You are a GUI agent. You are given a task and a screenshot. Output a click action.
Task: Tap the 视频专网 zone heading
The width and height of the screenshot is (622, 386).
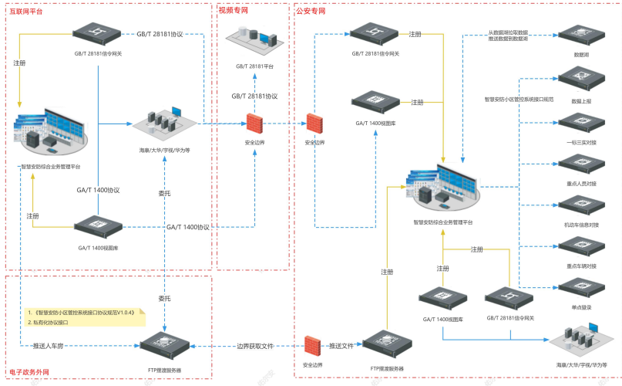point(234,11)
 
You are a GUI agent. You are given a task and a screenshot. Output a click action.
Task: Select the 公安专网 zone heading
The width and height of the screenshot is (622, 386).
point(311,12)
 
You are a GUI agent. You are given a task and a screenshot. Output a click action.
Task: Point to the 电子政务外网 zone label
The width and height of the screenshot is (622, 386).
point(29,372)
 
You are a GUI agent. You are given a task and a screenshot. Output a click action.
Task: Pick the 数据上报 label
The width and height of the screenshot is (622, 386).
point(581,101)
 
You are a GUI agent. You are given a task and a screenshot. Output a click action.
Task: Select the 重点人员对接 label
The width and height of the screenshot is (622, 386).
point(581,184)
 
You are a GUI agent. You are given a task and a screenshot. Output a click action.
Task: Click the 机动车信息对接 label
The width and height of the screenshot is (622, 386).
point(581,225)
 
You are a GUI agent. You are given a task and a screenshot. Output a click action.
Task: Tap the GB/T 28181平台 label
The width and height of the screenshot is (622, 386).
point(255,68)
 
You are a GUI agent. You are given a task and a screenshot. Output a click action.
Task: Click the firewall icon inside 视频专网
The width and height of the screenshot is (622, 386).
point(255,124)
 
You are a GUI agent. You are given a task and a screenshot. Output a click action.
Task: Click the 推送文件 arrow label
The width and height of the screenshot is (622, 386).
point(341,346)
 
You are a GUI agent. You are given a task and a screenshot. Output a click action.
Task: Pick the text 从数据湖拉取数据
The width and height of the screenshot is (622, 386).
point(508,32)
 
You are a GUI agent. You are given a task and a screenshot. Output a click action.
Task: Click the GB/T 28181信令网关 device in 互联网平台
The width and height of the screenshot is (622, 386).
point(98,34)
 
